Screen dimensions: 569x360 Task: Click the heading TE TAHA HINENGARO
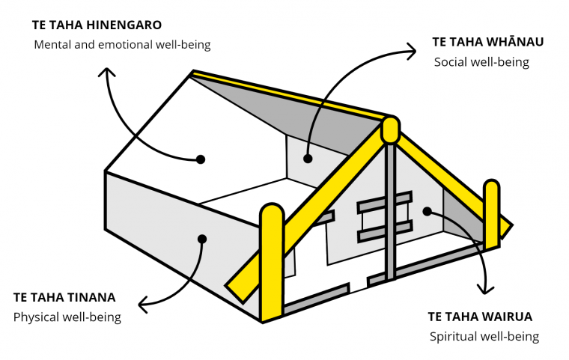click(97, 25)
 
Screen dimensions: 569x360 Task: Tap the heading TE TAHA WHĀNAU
click(487, 42)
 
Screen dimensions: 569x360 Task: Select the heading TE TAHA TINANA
click(64, 298)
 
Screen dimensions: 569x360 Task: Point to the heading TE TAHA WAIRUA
click(480, 317)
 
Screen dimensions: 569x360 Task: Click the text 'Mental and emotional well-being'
click(122, 45)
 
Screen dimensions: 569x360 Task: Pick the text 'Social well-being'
click(481, 62)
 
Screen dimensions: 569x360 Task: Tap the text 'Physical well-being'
click(67, 317)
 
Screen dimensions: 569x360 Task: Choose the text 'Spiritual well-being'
click(484, 336)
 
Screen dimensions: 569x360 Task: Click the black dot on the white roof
click(201, 159)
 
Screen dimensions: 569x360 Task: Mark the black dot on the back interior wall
click(308, 159)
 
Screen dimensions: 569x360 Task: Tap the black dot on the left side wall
click(202, 239)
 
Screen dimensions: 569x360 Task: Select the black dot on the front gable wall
click(427, 211)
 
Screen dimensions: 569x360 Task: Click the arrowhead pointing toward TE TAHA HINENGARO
click(106, 71)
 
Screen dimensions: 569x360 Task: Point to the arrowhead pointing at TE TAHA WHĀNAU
click(412, 51)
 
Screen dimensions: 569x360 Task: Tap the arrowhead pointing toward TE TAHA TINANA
click(143, 304)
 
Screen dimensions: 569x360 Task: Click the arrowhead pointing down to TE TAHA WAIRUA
click(486, 289)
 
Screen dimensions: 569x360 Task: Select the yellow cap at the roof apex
click(391, 129)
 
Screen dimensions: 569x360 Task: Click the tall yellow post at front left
click(272, 263)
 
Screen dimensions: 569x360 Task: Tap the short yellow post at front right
click(492, 215)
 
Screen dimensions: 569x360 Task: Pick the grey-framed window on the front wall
click(385, 216)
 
